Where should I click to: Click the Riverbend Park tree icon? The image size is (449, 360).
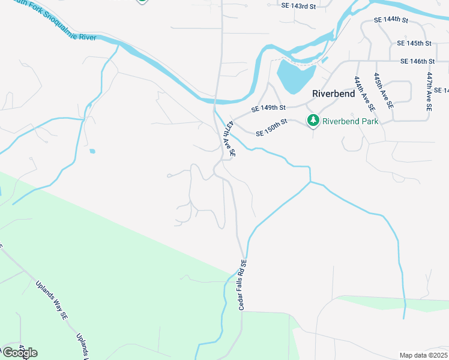click(x=313, y=121)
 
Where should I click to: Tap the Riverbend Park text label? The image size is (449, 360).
click(x=351, y=121)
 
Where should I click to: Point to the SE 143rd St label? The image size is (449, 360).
click(x=298, y=6)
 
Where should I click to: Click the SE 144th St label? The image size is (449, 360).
click(x=391, y=20)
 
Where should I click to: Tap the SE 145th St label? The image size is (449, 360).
click(x=415, y=43)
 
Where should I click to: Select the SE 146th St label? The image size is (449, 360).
click(x=417, y=61)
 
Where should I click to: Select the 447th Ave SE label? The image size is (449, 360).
click(x=429, y=91)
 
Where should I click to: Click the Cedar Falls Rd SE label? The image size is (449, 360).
click(x=243, y=285)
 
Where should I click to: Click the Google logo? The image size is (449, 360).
click(x=19, y=352)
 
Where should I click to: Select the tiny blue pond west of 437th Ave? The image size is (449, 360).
click(x=91, y=151)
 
